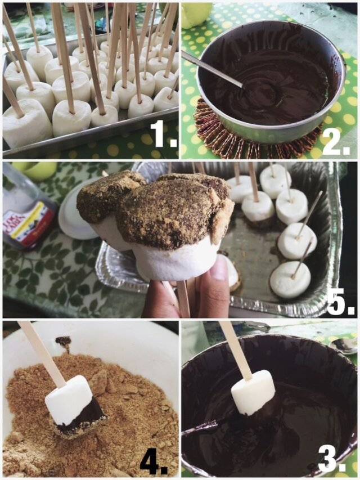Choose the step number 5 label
(x=340, y=302)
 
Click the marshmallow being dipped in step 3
(x=253, y=392)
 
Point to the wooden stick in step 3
(x=235, y=349)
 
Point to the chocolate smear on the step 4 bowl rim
(x=63, y=341)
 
